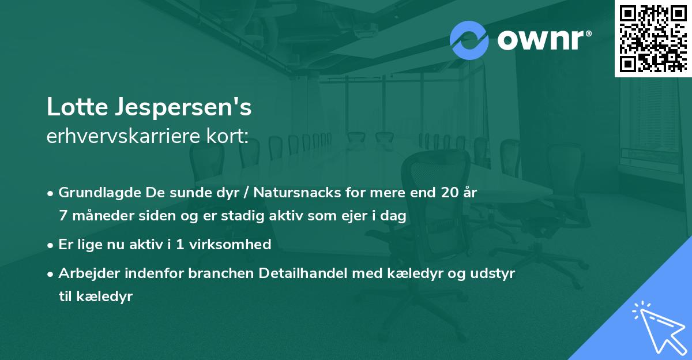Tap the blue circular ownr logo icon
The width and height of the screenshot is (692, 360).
pyautogui.click(x=469, y=40)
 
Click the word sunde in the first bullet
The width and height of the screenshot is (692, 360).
pyautogui.click(x=166, y=193)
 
